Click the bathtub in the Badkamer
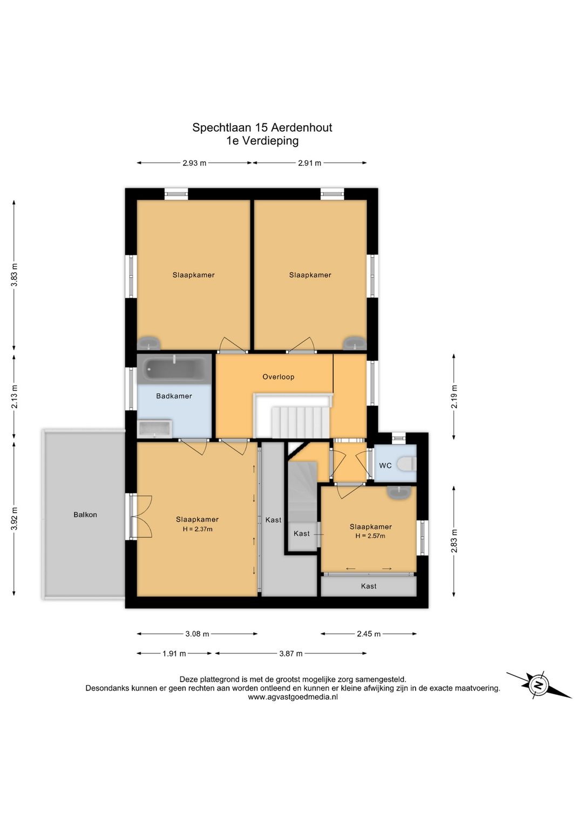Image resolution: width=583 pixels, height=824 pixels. pos(174,369)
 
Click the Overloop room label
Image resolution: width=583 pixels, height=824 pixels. pos(278,377)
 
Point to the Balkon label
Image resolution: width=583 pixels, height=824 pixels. pos(85,515)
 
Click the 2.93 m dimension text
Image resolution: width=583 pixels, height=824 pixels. pos(194,163)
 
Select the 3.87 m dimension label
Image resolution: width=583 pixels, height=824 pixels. pos(290,654)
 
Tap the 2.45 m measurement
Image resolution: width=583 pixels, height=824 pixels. pos(369,634)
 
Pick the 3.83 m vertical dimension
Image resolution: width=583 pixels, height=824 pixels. pos(14,275)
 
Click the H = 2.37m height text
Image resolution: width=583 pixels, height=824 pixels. pos(197,529)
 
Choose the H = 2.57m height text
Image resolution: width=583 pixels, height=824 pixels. pos(370,536)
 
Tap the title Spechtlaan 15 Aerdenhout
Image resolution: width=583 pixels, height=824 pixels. pos(262,127)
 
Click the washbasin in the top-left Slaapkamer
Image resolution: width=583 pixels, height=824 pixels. pos(149,343)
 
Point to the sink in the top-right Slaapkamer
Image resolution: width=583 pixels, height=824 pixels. pos(354,343)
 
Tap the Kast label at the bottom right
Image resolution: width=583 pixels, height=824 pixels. pos(369,586)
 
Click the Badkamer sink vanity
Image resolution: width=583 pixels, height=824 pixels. pos(155,429)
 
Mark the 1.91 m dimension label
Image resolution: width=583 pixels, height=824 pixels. pos(174,654)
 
